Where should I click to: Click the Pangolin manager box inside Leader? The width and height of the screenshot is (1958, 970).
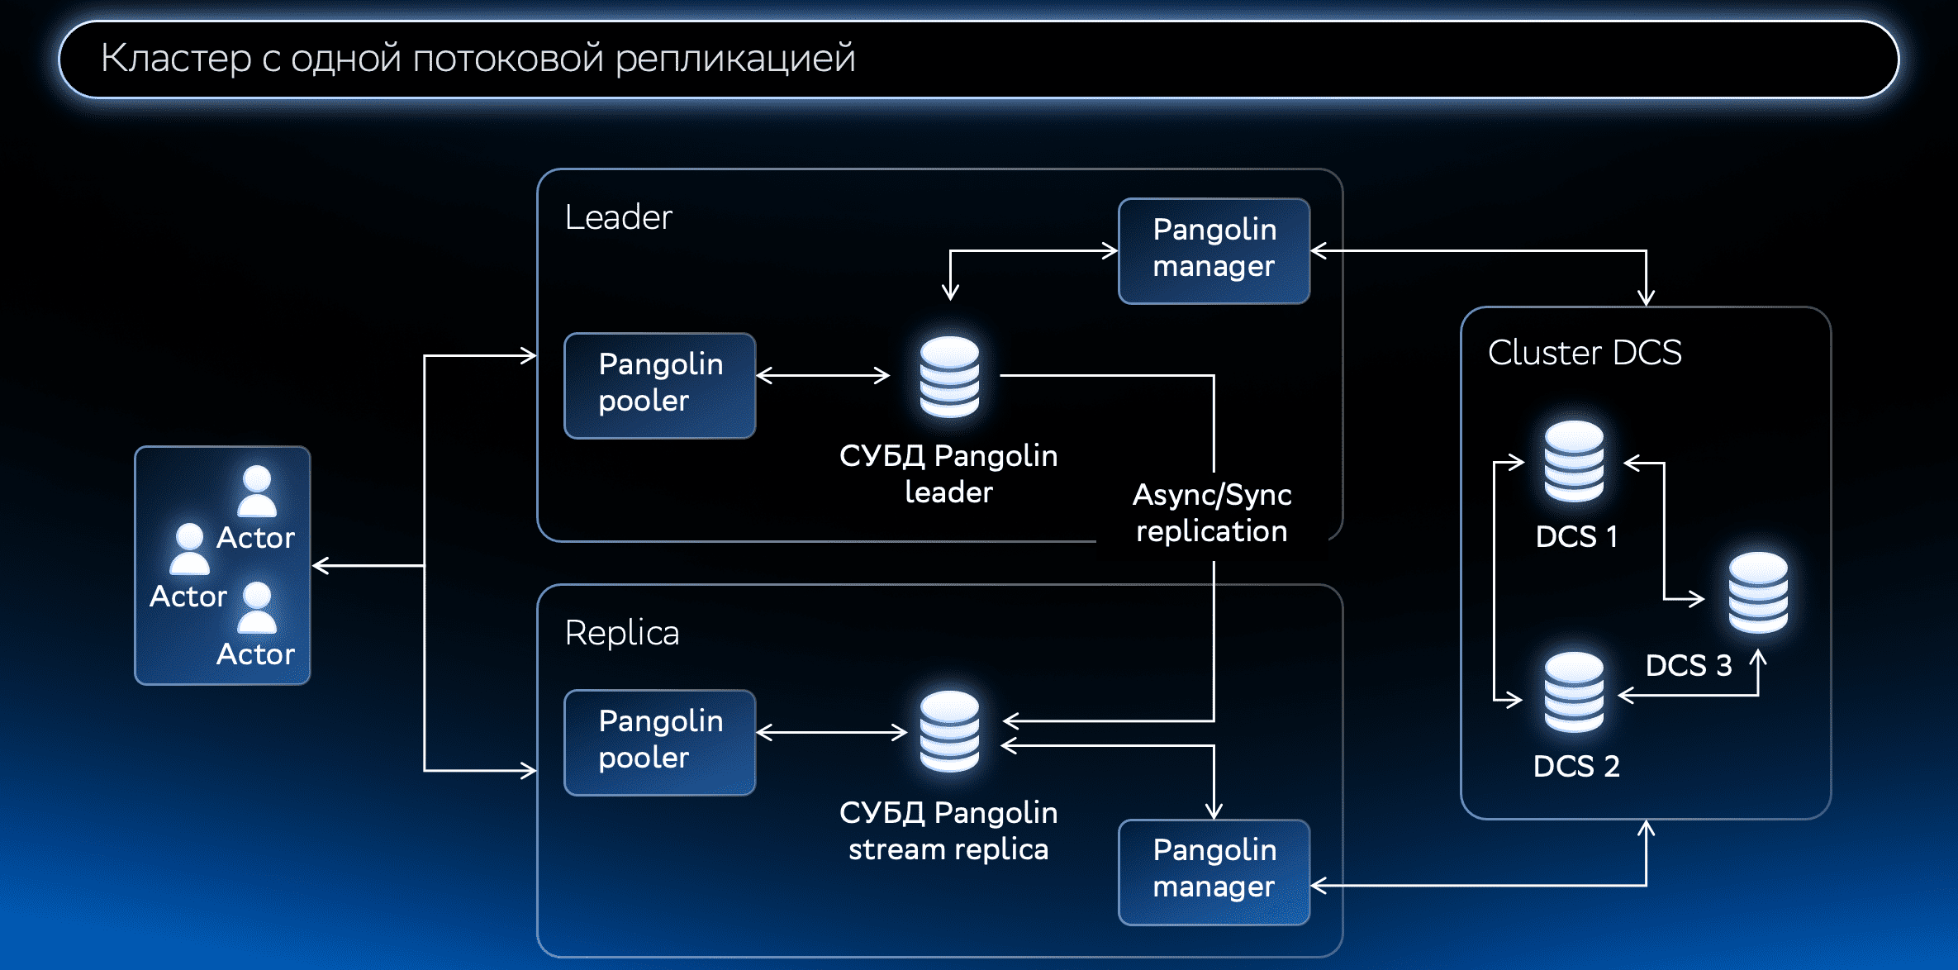point(1214,250)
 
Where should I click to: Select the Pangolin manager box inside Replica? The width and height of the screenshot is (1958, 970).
point(1214,872)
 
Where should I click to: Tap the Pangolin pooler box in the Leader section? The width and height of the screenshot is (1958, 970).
point(659,385)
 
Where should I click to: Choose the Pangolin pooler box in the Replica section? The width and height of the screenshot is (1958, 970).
point(659,742)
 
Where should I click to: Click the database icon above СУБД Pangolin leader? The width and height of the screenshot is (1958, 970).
point(949,377)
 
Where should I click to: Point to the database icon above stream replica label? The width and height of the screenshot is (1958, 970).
point(949,732)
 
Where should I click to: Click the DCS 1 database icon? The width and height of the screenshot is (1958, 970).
point(1574,461)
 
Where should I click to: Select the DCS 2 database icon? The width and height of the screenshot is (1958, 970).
point(1574,692)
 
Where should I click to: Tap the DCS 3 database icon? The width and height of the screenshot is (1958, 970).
point(1758,592)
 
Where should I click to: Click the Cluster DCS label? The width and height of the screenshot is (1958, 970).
point(1584,353)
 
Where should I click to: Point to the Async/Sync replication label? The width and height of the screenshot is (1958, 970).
point(1211,512)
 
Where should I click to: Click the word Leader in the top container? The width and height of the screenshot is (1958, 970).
point(618,217)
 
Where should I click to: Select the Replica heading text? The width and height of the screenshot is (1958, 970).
point(621,633)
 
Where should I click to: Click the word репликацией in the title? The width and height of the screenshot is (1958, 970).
point(734,59)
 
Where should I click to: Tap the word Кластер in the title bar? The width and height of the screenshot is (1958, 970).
point(176,59)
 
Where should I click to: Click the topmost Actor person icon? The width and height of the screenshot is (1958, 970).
point(257,491)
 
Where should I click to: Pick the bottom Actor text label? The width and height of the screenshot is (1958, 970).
point(255,654)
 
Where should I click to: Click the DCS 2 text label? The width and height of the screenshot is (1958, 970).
point(1575,766)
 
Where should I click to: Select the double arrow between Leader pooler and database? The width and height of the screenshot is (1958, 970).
point(823,376)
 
